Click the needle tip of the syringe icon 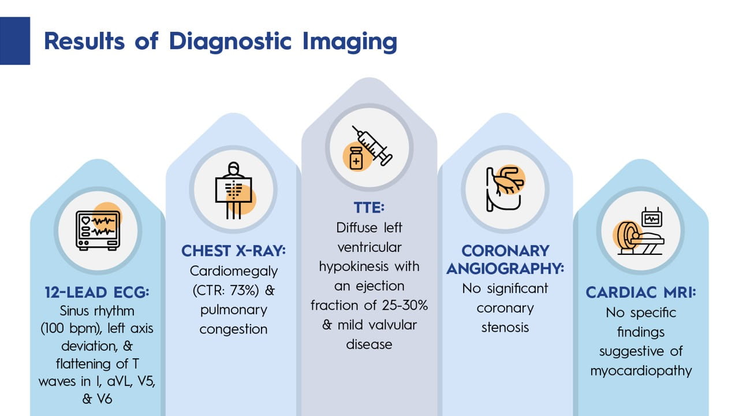pyautogui.click(x=353, y=126)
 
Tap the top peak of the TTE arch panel pyautogui.click(x=369, y=78)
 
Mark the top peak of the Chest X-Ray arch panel pyautogui.click(x=234, y=114)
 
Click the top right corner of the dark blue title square pyautogui.click(x=30, y=17)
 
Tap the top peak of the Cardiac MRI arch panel pyautogui.click(x=641, y=160)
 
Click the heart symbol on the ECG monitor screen pyautogui.click(x=86, y=220)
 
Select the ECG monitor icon pyautogui.click(x=98, y=231)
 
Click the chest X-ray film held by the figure pyautogui.click(x=234, y=190)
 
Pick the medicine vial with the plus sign pyautogui.click(x=356, y=158)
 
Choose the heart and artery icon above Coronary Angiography pyautogui.click(x=505, y=189)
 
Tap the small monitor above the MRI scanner pyautogui.click(x=652, y=218)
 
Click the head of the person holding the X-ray pyautogui.click(x=234, y=168)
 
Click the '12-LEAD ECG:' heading pyautogui.click(x=97, y=292)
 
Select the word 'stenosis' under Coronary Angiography pyautogui.click(x=505, y=328)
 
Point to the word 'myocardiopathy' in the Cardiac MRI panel pyautogui.click(x=641, y=371)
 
